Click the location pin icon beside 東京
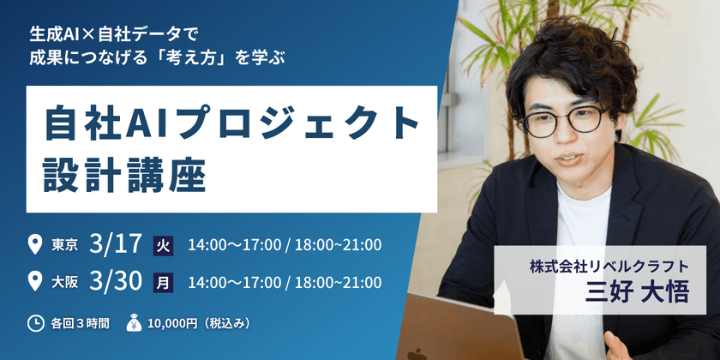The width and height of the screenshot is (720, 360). (x=35, y=245)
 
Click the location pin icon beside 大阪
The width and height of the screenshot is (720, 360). (x=35, y=280)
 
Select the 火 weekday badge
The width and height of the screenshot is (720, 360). (x=163, y=246)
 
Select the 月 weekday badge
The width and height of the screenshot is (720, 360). (x=163, y=281)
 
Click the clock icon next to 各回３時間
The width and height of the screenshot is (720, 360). (x=35, y=323)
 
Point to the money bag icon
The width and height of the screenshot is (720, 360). (x=134, y=322)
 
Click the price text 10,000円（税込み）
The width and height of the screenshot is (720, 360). (x=200, y=323)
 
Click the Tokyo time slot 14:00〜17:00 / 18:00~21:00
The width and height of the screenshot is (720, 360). (x=285, y=245)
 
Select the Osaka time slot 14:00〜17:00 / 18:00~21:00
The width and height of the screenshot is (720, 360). (x=285, y=281)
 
